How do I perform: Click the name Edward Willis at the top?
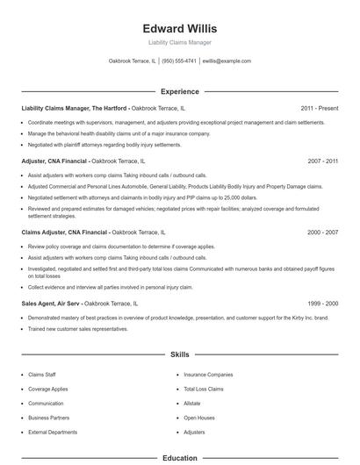tap(179, 29)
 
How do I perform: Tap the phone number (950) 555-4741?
tap(179, 61)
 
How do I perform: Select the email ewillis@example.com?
tap(227, 61)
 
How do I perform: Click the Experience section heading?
tap(179, 91)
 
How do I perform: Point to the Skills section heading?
tap(179, 354)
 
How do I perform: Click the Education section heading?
tap(179, 457)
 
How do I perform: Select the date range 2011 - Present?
tap(319, 108)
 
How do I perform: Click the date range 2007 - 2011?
tap(322, 161)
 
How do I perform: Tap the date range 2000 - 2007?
tap(322, 232)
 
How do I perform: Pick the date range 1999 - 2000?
tap(322, 303)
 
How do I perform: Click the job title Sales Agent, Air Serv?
tap(55, 303)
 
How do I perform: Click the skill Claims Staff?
tap(43, 375)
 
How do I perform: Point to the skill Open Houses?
tap(198, 418)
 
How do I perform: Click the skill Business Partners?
tap(48, 418)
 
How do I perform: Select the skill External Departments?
tap(53, 433)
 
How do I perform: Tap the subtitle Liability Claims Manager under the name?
tap(179, 42)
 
